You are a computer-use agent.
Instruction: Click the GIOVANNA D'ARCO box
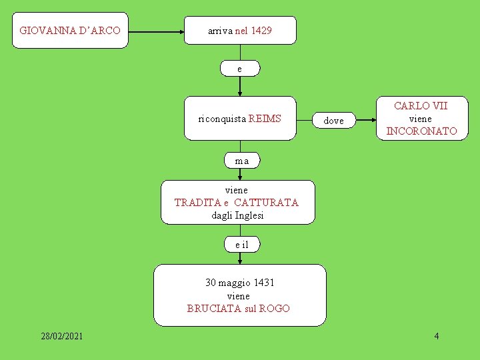(70, 31)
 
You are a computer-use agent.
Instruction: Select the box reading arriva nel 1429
(240, 31)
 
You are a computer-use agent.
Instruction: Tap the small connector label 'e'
(240, 69)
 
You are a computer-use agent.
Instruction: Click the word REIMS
(265, 119)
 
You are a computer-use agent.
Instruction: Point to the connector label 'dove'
(333, 121)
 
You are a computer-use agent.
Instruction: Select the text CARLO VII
(421, 106)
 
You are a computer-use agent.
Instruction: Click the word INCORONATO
(421, 131)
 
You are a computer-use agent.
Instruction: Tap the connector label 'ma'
(241, 161)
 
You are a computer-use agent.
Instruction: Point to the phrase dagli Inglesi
(237, 215)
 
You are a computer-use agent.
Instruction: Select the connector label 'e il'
(241, 245)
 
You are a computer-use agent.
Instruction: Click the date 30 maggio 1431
(239, 283)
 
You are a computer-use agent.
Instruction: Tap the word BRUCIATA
(209, 308)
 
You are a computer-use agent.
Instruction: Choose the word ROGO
(274, 308)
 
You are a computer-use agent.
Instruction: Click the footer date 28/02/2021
(61, 336)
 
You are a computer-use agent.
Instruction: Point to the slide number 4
(437, 336)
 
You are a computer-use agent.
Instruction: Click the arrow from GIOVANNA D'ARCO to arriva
(156, 31)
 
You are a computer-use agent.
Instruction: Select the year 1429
(261, 31)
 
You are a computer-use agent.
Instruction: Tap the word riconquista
(222, 119)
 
